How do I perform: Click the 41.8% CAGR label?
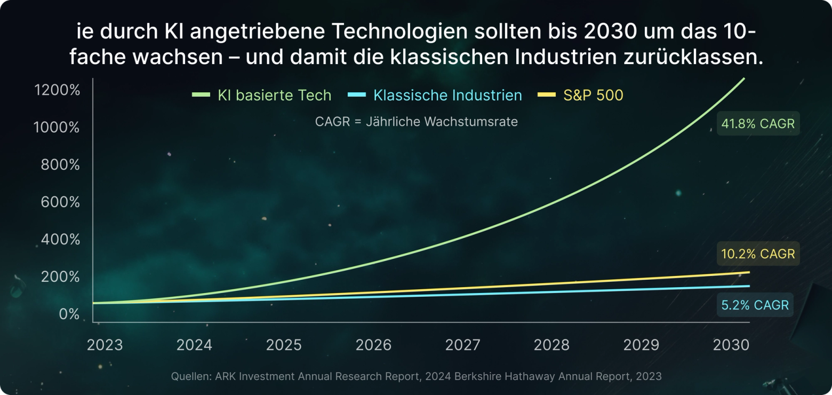tap(758, 124)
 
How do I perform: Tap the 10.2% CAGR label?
tap(758, 254)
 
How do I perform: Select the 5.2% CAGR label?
tap(755, 305)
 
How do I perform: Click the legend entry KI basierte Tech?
tap(274, 96)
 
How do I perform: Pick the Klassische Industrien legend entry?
tap(447, 96)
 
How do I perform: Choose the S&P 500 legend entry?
tap(593, 96)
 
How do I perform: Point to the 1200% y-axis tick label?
tap(57, 90)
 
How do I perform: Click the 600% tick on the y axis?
tap(60, 202)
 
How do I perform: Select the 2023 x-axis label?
tap(105, 345)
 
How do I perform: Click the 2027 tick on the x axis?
tap(462, 345)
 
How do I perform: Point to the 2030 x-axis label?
tap(731, 345)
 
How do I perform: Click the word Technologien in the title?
tap(396, 31)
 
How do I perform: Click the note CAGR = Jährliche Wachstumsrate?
tap(416, 122)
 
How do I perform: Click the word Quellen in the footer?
tap(190, 376)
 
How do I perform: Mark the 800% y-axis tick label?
tap(60, 165)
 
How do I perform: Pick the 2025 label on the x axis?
tap(284, 345)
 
